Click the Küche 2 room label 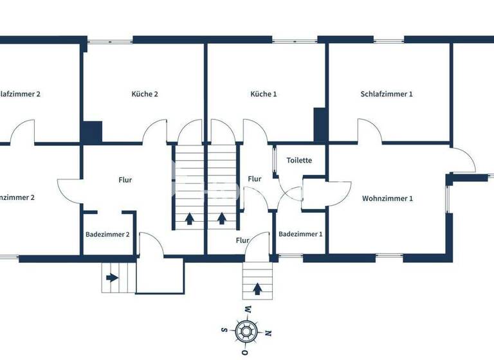click(145, 94)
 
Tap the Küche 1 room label click(264, 94)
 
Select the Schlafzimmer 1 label click(387, 94)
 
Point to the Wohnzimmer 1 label click(387, 199)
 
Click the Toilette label click(299, 161)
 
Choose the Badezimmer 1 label click(300, 234)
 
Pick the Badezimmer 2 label click(107, 235)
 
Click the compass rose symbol click(245, 332)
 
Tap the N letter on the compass click(268, 332)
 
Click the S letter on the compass click(224, 330)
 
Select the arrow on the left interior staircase click(190, 218)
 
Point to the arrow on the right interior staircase click(222, 218)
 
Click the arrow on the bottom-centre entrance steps click(258, 289)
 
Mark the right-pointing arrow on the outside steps click(113, 278)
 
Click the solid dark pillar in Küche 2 click(92, 132)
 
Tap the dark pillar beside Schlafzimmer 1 click(320, 125)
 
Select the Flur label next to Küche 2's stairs click(125, 180)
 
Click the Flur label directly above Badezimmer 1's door click(242, 240)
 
